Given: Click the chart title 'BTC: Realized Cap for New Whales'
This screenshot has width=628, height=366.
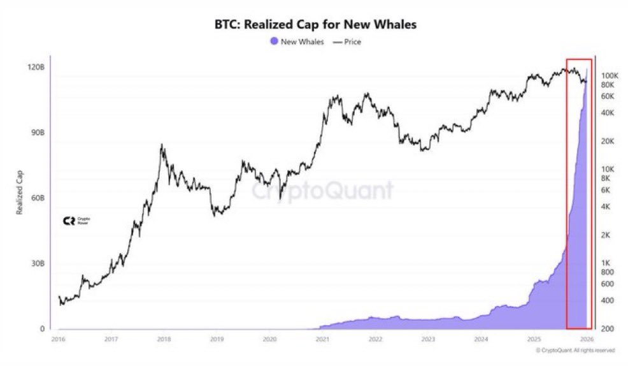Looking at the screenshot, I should (313, 26).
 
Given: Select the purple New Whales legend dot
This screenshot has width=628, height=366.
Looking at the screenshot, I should (274, 42).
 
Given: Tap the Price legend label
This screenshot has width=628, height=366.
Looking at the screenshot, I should (352, 42).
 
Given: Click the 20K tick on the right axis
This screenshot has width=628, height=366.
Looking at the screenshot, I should (608, 141).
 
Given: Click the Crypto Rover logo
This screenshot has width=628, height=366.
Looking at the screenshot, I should (75, 221).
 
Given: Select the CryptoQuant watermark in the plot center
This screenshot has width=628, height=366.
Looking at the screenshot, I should (322, 190).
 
